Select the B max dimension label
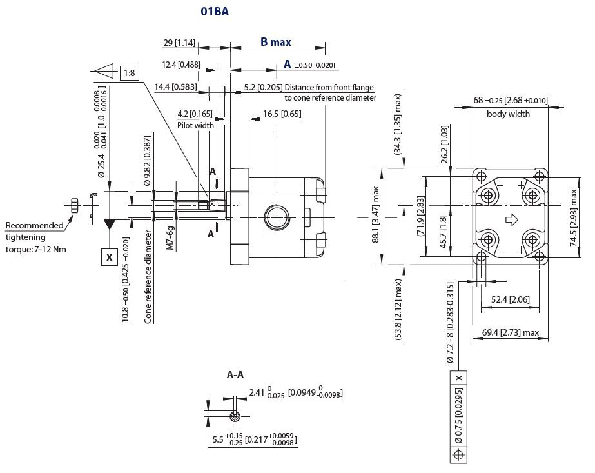pyautogui.click(x=275, y=43)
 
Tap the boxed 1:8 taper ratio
pyautogui.click(x=130, y=73)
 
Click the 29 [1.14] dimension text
pyautogui.click(x=179, y=43)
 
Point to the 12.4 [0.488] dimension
pyautogui.click(x=180, y=65)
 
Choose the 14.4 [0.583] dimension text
pyautogui.click(x=175, y=86)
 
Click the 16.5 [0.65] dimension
pyautogui.click(x=282, y=114)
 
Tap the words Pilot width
pyautogui.click(x=195, y=125)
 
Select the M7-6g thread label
pyautogui.click(x=170, y=237)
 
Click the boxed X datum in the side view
pyautogui.click(x=109, y=257)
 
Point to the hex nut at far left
pyautogui.click(x=74, y=206)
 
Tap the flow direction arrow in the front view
pyautogui.click(x=512, y=220)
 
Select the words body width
pyautogui.click(x=508, y=114)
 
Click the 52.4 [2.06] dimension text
pyautogui.click(x=510, y=299)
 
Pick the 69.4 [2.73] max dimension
pyautogui.click(x=510, y=332)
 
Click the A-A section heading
pyautogui.click(x=235, y=375)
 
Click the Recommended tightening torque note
pyautogui.click(x=36, y=237)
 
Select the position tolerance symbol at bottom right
pyautogui.click(x=458, y=455)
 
